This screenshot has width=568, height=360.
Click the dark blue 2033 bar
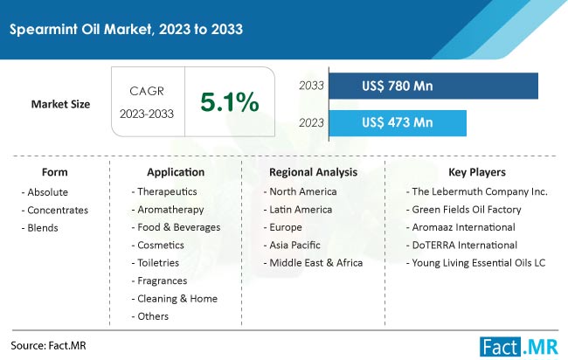pyautogui.click(x=433, y=86)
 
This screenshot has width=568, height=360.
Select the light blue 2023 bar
pyautogui.click(x=398, y=123)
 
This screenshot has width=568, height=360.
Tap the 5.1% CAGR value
pyautogui.click(x=230, y=101)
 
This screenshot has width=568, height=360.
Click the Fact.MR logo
pyautogui.click(x=519, y=347)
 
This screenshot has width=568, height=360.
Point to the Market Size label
pyautogui.click(x=60, y=104)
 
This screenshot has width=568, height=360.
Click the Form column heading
pyautogui.click(x=55, y=172)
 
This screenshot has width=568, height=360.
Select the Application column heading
pyautogui.click(x=176, y=172)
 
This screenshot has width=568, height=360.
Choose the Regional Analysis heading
pyautogui.click(x=314, y=172)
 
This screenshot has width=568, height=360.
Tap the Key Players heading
pyautogui.click(x=477, y=172)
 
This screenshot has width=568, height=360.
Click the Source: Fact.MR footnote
pyautogui.click(x=49, y=346)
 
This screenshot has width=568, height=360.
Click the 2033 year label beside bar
pyautogui.click(x=312, y=86)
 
